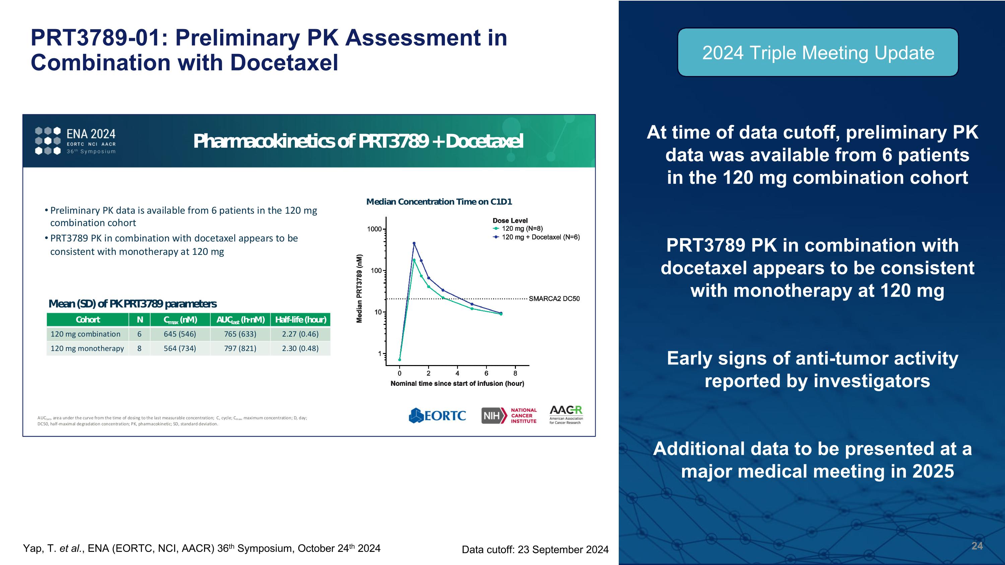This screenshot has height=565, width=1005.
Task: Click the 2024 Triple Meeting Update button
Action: coord(818,53)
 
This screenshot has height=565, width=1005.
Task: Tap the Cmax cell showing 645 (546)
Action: coord(180,334)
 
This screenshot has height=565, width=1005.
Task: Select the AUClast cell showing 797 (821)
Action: coord(240,349)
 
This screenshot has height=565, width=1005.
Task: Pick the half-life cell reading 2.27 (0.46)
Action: coord(300,334)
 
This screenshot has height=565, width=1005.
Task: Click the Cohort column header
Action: coord(88,320)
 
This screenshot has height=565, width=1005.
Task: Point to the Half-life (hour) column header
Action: coord(300,320)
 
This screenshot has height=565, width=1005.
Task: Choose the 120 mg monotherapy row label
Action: coord(87,349)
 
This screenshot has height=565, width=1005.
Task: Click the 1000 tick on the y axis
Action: coord(374,229)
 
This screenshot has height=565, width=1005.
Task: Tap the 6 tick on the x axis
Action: coord(486,373)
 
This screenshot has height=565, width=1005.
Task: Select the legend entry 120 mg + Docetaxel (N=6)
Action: coord(540,237)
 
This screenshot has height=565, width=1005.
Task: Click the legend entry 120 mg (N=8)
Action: coord(522,228)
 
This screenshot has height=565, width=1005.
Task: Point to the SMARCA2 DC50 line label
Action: coord(554,299)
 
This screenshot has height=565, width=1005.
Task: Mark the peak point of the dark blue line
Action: coord(414,243)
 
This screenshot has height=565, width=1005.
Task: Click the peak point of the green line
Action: coord(414,260)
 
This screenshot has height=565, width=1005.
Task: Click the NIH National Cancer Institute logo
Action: coord(509,416)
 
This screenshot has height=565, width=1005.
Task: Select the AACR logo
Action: coord(566,415)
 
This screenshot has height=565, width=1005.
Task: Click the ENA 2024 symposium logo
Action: coord(75,141)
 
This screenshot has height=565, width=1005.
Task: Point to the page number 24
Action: coord(977,546)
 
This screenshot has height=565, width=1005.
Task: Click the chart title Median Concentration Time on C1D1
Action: coord(439,202)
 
